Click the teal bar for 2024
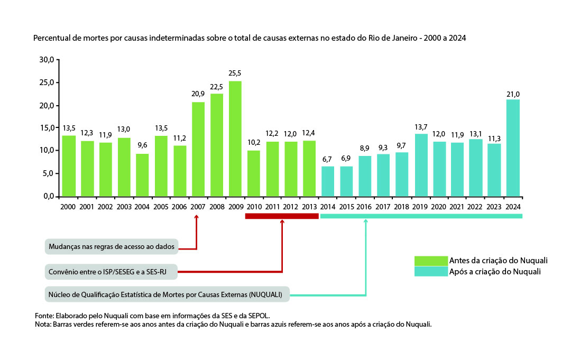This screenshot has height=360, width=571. [513, 148]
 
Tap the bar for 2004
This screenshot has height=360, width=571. [142, 175]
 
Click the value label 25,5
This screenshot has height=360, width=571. [235, 73]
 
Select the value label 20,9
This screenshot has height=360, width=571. [198, 94]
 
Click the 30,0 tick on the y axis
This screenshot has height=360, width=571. [47, 60]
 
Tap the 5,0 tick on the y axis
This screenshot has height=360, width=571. [49, 173]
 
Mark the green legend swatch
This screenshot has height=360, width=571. [430, 261]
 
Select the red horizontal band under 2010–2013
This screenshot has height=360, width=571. [282, 216]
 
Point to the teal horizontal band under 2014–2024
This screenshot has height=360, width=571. [421, 216]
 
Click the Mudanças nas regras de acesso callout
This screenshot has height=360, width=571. [112, 246]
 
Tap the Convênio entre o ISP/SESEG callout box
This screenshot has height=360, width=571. [111, 272]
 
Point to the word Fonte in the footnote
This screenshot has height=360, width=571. [43, 316]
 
